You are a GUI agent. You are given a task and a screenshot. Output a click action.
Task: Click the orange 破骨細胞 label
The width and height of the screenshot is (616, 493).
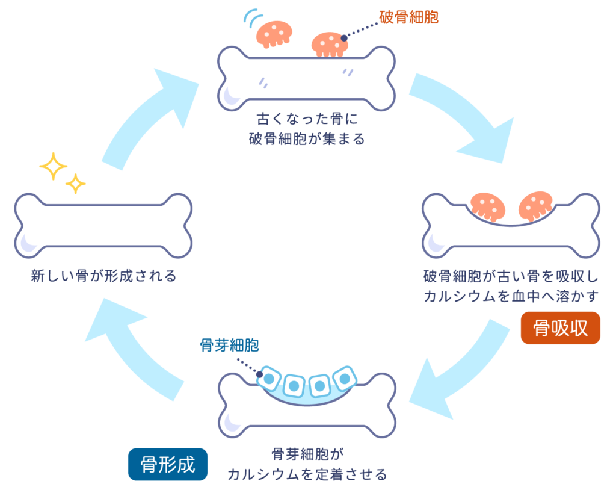pyautogui.click(x=408, y=17)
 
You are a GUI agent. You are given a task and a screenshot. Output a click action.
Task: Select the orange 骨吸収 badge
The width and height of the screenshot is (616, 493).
pyautogui.click(x=560, y=328)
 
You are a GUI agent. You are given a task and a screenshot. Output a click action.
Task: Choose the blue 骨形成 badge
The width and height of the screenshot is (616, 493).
pyautogui.click(x=167, y=464)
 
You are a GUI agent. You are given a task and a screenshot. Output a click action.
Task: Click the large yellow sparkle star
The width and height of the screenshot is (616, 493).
pyautogui.click(x=53, y=166)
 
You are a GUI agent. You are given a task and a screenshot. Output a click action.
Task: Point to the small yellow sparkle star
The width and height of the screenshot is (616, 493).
pyautogui.click(x=75, y=183)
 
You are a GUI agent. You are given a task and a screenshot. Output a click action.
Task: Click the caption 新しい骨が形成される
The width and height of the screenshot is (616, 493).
pyautogui.click(x=103, y=276)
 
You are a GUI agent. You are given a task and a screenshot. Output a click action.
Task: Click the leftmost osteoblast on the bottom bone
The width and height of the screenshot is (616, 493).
pyautogui.click(x=268, y=378)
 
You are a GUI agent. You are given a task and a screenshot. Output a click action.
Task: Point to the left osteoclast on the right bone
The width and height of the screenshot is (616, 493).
pyautogui.click(x=487, y=206)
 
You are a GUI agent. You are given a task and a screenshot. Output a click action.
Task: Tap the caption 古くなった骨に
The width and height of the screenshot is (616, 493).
pyautogui.click(x=307, y=117)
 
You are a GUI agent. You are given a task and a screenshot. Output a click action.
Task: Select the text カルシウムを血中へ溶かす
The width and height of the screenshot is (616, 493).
pyautogui.click(x=512, y=296)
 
